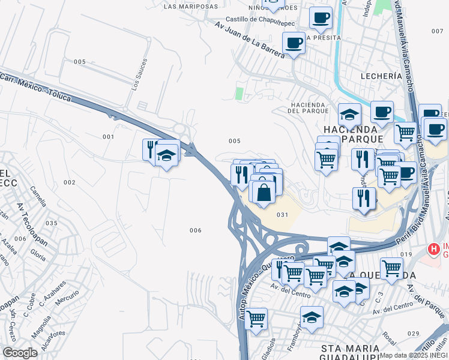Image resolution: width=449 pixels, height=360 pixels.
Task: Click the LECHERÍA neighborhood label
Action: tap(381, 76)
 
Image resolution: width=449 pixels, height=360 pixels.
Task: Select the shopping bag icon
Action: tap(264, 193)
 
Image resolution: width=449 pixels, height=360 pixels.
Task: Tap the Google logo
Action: tap(20, 353)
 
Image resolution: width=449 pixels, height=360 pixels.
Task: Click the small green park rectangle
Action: tap(240, 94)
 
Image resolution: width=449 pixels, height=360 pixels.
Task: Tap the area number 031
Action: tap(283, 215)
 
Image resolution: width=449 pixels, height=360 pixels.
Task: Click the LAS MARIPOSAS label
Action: tap(190, 7)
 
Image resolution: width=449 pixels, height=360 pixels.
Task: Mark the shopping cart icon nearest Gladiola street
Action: tap(256, 318)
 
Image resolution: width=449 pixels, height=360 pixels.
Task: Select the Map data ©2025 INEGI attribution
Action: tap(414, 355)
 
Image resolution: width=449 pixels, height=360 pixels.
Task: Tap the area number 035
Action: tap(51, 223)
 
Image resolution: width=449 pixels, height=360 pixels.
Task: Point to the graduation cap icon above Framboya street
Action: tap(312, 317)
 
